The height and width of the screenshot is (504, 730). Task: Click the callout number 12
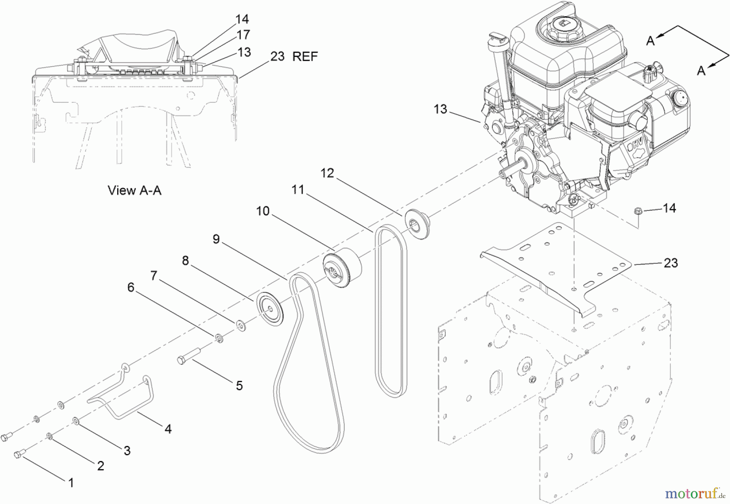[x=327, y=173]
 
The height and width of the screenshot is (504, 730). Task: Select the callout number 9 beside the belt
[x=216, y=239]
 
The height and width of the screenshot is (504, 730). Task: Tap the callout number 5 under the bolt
[x=239, y=385]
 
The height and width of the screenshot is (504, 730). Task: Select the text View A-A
[x=135, y=190]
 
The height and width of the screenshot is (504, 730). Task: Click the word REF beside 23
[x=305, y=56]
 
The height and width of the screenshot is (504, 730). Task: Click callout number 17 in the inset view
[x=243, y=35]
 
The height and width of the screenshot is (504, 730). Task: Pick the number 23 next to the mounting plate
[x=670, y=263]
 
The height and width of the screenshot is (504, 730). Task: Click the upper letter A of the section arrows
[x=650, y=41]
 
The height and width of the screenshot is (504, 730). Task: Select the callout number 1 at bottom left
[x=71, y=482]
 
